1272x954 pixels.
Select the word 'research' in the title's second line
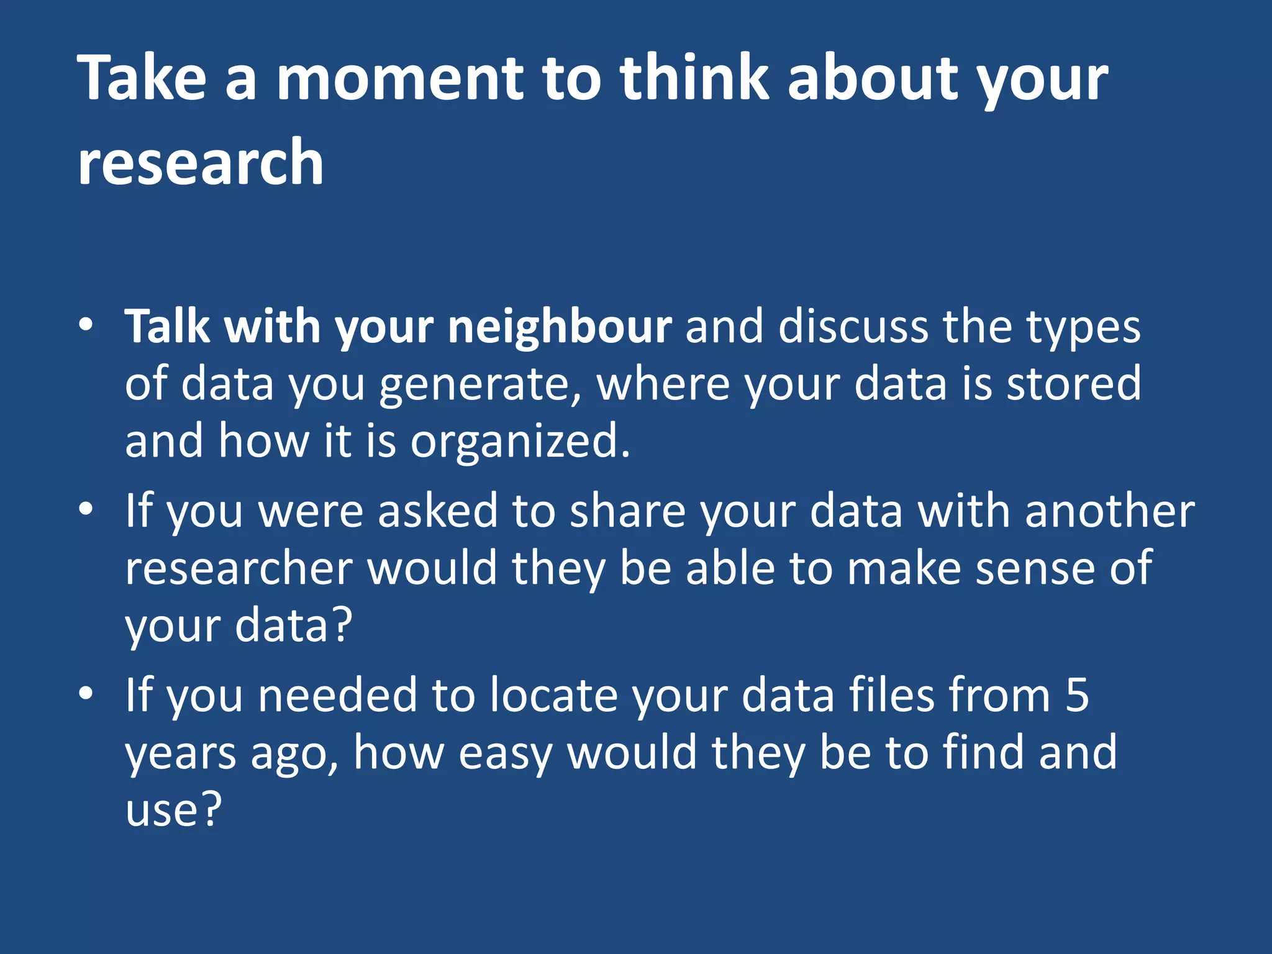[201, 163]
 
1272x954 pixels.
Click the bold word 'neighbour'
[560, 327]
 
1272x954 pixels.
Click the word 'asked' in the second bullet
[438, 511]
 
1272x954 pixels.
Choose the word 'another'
[1109, 511]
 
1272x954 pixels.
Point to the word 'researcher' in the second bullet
[239, 568]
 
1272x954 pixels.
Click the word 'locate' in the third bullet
[553, 695]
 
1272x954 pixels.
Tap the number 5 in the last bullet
[1077, 695]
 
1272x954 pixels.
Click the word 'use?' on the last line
[173, 810]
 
